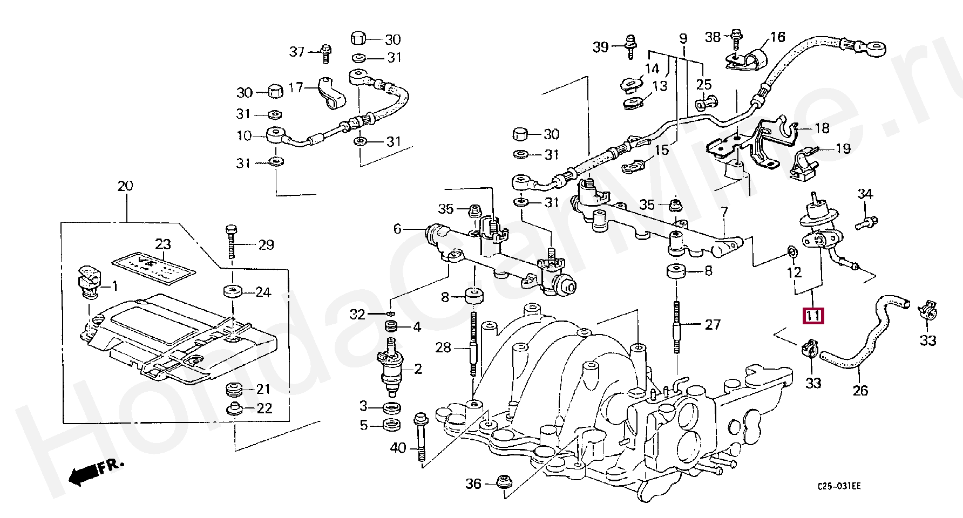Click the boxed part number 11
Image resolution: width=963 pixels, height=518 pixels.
pyautogui.click(x=813, y=315)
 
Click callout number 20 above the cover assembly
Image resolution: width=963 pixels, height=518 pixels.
pyautogui.click(x=125, y=186)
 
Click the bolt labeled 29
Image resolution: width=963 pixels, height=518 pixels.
pyautogui.click(x=232, y=244)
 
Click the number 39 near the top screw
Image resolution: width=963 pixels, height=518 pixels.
pyautogui.click(x=600, y=47)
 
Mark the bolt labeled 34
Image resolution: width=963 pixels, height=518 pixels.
pyautogui.click(x=867, y=221)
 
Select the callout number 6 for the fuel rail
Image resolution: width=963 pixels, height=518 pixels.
pyautogui.click(x=397, y=229)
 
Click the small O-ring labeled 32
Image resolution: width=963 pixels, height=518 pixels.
pyautogui.click(x=390, y=313)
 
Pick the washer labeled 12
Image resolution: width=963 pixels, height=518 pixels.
pyautogui.click(x=791, y=251)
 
